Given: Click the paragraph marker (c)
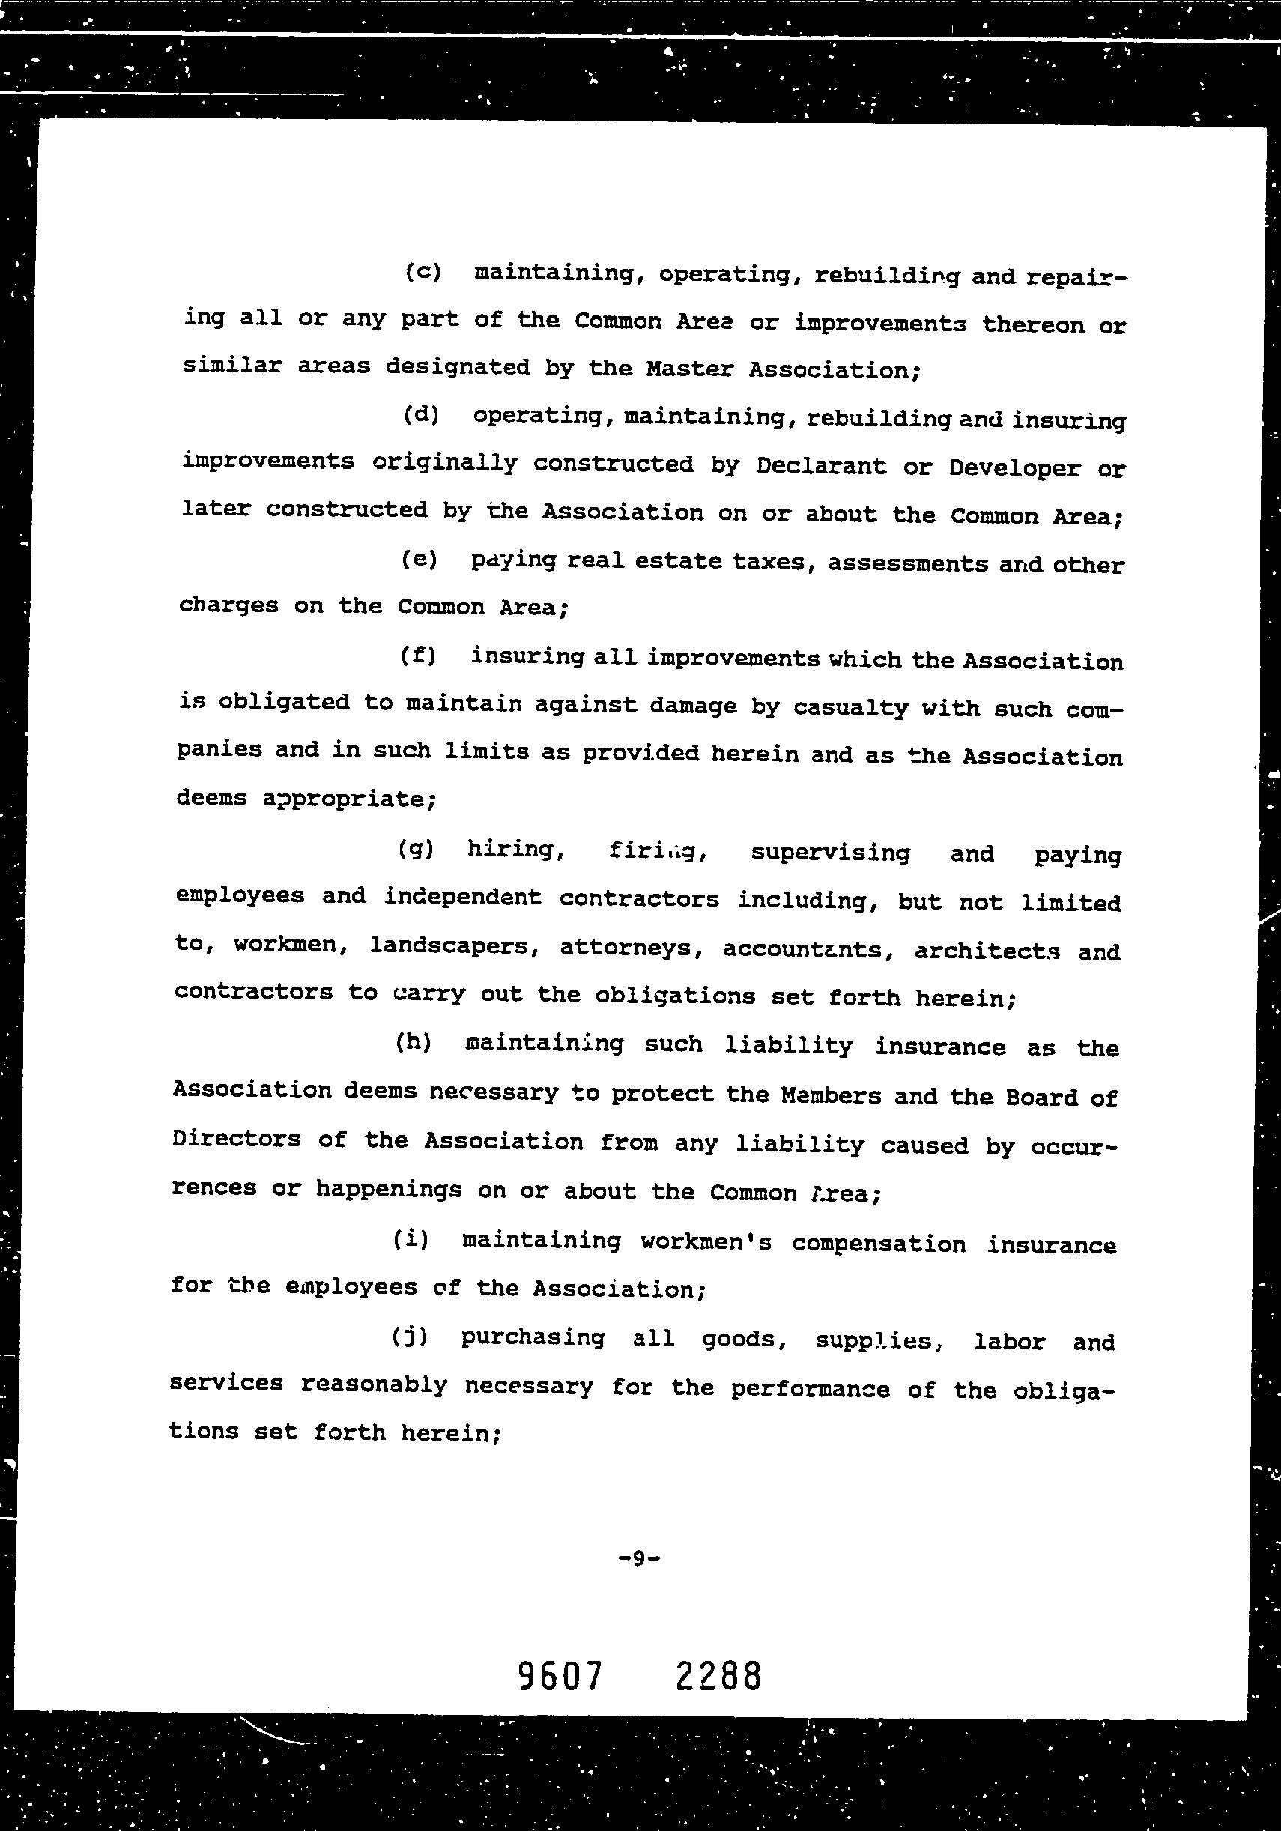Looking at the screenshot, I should tap(423, 272).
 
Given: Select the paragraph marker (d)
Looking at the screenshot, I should tap(421, 415).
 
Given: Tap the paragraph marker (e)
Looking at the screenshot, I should tap(420, 559).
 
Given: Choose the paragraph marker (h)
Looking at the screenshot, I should tap(414, 1042).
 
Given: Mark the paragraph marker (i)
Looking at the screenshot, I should tap(411, 1239).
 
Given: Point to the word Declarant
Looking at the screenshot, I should tap(821, 466).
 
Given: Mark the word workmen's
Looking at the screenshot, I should tap(706, 1242).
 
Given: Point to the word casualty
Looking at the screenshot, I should tap(850, 708).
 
